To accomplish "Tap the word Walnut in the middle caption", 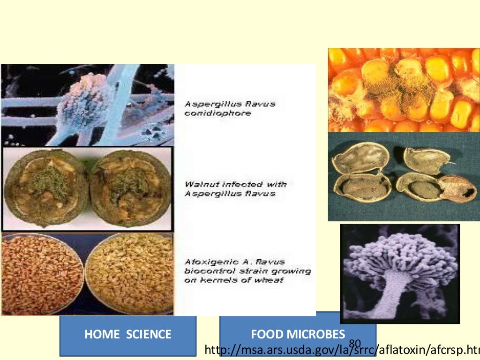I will pyautogui.click(x=200, y=184).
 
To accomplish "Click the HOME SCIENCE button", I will pyautogui.click(x=127, y=335).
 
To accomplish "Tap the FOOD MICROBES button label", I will pyautogui.click(x=298, y=334).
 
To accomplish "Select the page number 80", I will pyautogui.click(x=355, y=344).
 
